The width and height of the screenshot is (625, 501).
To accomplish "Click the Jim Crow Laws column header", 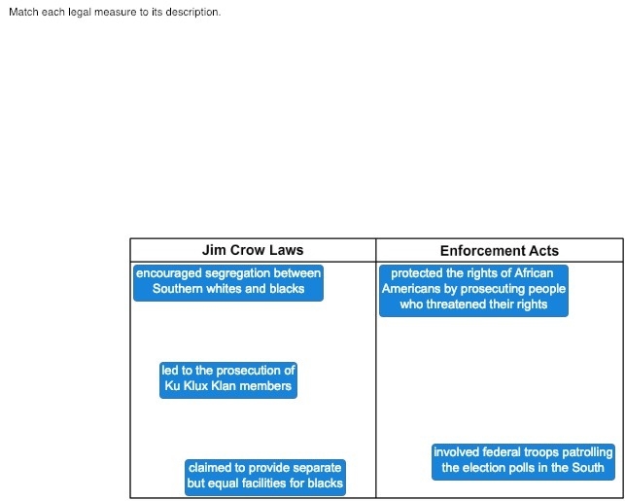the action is click(x=253, y=250).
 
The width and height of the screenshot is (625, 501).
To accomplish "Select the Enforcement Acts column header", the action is click(x=500, y=251).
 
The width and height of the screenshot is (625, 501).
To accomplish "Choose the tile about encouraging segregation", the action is click(x=228, y=283).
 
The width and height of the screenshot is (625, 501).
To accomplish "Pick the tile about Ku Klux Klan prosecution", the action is click(x=228, y=380).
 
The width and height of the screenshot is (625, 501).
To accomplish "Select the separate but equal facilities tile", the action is click(x=265, y=478).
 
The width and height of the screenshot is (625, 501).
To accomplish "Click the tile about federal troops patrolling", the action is click(x=523, y=462).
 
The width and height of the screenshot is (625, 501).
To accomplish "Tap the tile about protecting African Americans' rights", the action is click(x=473, y=291).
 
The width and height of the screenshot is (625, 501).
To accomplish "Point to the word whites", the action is click(x=224, y=288).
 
